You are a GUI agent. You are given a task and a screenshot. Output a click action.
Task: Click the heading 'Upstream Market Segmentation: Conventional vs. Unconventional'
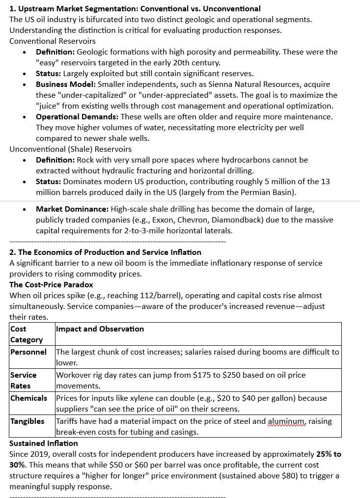(x=139, y=9)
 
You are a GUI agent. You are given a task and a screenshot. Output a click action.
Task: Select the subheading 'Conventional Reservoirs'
(x=53, y=41)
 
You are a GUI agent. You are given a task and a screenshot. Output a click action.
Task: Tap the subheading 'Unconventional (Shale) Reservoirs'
(x=70, y=149)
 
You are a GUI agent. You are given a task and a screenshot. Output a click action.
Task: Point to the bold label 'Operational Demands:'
(x=77, y=117)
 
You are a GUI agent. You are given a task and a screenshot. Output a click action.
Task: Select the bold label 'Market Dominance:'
(x=72, y=209)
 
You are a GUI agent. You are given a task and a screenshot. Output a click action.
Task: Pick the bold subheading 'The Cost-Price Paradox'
(x=51, y=285)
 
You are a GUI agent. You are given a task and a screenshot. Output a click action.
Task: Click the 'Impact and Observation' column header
(x=100, y=329)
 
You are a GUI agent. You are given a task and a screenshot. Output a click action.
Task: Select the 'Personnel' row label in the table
(x=28, y=352)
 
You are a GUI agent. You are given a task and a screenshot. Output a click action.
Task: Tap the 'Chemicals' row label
(x=29, y=398)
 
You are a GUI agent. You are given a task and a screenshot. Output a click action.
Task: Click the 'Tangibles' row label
(x=28, y=421)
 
